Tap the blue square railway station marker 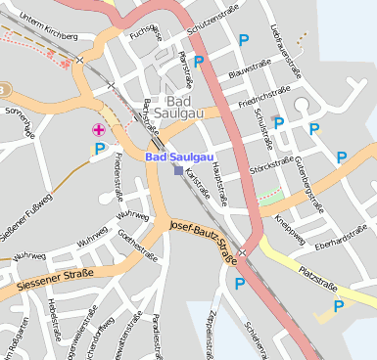(177, 170)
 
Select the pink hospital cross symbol (98, 129)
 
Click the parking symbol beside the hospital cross (99, 149)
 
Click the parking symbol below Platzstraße (339, 306)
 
